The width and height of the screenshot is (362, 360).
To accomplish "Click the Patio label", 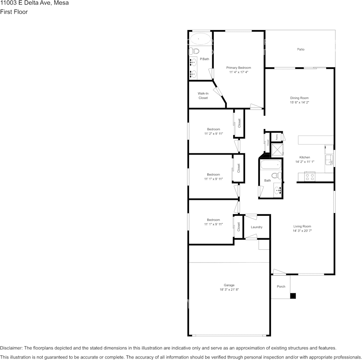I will pyautogui.click(x=301, y=49).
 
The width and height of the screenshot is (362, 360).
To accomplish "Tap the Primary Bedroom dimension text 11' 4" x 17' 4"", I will pyautogui.click(x=239, y=72).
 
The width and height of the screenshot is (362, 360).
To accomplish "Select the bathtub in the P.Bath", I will pyautogui.click(x=200, y=39).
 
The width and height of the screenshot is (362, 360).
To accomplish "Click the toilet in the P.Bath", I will pyautogui.click(x=195, y=51).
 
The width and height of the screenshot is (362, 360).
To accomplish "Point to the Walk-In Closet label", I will pyautogui.click(x=203, y=96).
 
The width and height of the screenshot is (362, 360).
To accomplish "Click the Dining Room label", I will pyautogui.click(x=299, y=98).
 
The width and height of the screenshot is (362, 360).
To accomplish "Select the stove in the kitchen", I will pyautogui.click(x=309, y=176).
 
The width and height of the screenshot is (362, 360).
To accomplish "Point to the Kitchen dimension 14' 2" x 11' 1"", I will pyautogui.click(x=304, y=162).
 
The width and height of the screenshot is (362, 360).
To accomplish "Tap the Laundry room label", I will pyautogui.click(x=256, y=227).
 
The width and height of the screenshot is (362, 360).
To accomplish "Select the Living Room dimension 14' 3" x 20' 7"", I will pyautogui.click(x=302, y=231).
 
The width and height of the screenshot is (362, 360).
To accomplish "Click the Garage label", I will pyautogui.click(x=229, y=285).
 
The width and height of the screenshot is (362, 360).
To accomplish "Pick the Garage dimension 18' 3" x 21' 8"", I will pyautogui.click(x=229, y=290).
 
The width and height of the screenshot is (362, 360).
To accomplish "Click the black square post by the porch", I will pyautogui.click(x=293, y=295).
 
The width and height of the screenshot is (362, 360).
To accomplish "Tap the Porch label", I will pyautogui.click(x=281, y=287).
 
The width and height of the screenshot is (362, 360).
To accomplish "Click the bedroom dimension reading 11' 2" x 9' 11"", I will pyautogui.click(x=213, y=134).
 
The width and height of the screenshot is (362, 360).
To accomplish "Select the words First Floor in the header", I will pyautogui.click(x=14, y=12).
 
